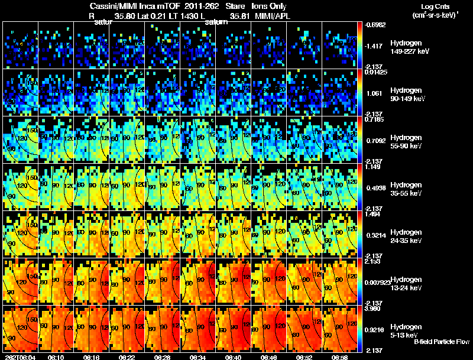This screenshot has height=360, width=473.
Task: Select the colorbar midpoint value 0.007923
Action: click(377, 282)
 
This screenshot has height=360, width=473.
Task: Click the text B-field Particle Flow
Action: click(442, 342)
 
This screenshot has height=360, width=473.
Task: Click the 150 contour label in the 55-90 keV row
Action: click(33, 129)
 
